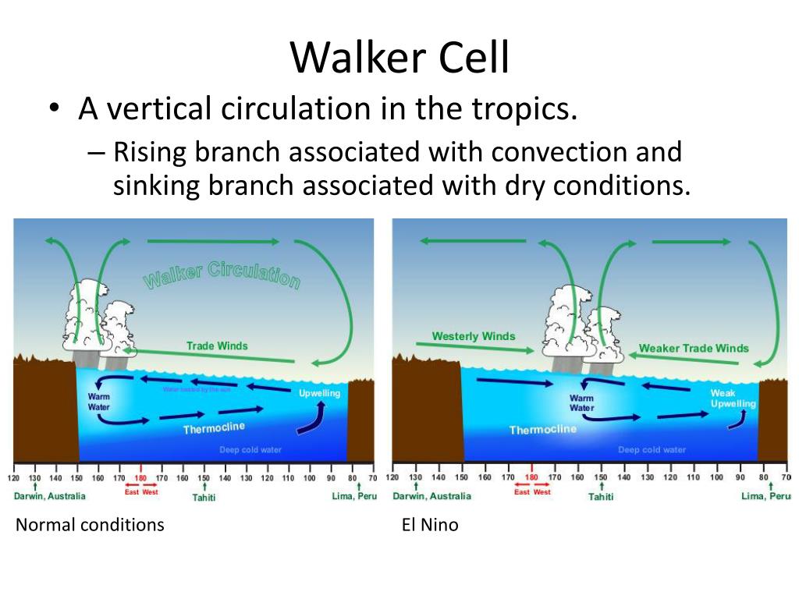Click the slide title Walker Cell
point(399,58)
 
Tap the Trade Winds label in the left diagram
point(217,346)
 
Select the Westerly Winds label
point(474,336)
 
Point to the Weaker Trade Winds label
point(694,348)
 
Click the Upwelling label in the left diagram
point(319,393)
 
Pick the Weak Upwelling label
point(733,399)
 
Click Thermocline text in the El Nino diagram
point(543,429)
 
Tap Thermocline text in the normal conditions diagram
point(214,428)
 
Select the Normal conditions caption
point(90,525)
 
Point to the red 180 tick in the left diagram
point(140,478)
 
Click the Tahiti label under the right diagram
point(600,497)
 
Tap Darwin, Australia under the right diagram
point(431,496)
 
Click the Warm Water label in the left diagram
point(98,402)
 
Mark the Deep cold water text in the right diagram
point(652,449)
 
